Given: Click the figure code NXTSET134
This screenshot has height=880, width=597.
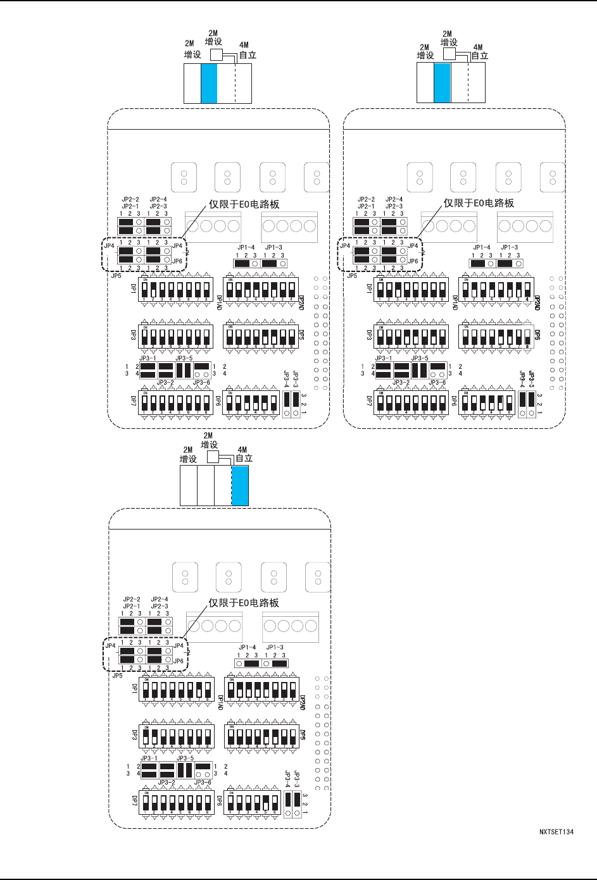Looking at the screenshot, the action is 556,832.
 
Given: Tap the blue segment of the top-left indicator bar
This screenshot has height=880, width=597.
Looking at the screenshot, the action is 209,84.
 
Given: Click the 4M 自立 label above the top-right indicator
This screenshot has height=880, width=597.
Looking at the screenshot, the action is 479,51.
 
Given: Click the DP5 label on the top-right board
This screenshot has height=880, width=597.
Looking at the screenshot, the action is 537,334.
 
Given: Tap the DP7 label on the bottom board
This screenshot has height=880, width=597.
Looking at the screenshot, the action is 135,802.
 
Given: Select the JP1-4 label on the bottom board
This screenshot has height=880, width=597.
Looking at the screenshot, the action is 247,647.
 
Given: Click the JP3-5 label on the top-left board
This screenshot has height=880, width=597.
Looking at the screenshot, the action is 184,358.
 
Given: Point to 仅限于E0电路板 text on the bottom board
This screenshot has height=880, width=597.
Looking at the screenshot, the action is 244,603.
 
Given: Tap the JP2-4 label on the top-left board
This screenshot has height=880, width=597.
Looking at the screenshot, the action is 158,199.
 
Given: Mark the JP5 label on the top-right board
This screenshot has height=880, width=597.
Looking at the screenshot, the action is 351,276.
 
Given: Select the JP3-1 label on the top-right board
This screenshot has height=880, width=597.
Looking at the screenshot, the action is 384,358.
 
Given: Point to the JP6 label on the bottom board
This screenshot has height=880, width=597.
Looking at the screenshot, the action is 179,661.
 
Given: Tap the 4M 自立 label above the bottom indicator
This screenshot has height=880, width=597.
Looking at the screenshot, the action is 244,454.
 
